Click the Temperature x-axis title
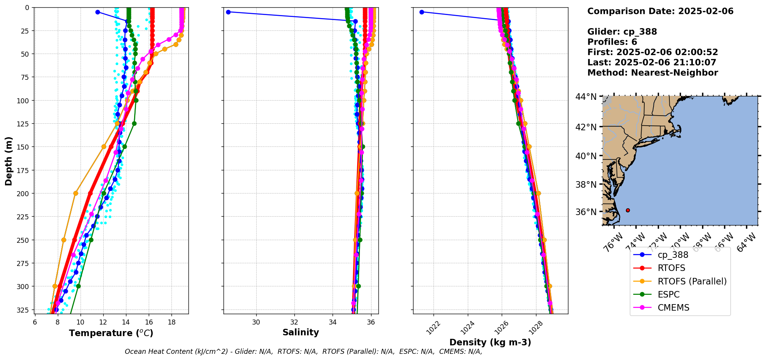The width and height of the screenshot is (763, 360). click(x=111, y=333)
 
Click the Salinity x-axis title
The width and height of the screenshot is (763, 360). click(x=301, y=332)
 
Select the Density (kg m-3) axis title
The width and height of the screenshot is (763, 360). click(x=490, y=342)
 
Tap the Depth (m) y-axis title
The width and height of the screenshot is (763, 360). click(x=8, y=161)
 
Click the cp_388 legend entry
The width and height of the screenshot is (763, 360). click(x=672, y=255)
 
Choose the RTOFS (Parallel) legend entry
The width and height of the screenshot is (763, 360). click(x=692, y=281)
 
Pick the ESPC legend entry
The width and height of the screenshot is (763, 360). click(x=668, y=294)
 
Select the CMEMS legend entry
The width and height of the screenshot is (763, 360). click(x=673, y=308)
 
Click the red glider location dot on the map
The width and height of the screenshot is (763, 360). click(x=628, y=210)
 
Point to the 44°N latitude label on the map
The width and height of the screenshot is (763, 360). click(x=586, y=96)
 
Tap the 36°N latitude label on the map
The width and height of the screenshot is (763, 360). click(x=586, y=212)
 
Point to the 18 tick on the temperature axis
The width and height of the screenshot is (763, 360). click(x=171, y=321)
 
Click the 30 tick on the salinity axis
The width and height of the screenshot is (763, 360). click(x=256, y=321)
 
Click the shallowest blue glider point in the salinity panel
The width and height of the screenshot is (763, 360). click(x=228, y=12)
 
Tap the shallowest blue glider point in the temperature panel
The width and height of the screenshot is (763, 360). click(x=97, y=12)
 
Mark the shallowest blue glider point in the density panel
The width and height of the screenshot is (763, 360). click(x=422, y=12)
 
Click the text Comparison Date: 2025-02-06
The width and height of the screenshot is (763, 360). click(x=660, y=11)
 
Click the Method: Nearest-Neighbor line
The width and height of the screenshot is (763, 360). click(x=652, y=73)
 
